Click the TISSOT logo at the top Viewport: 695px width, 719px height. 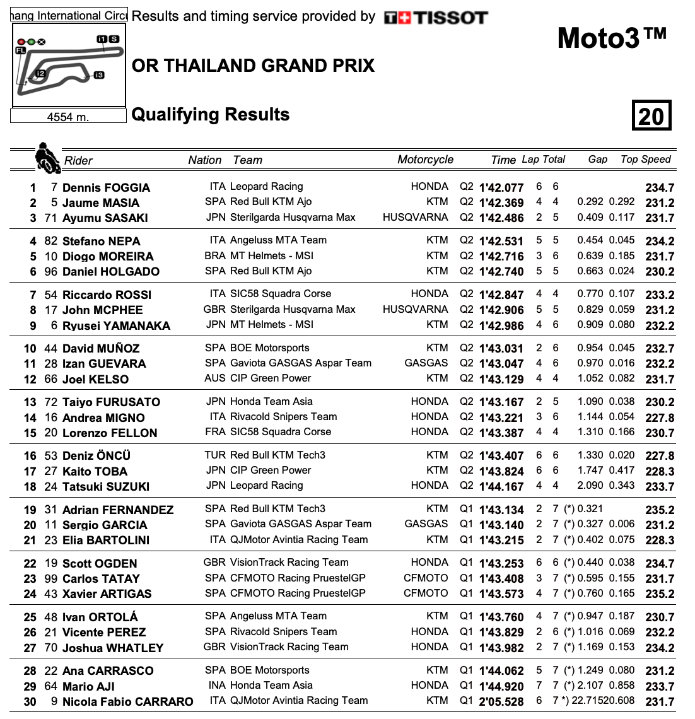click(x=436, y=18)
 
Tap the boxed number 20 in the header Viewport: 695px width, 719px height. click(x=651, y=115)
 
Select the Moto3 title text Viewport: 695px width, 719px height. click(x=611, y=39)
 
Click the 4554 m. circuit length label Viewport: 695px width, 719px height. click(x=68, y=117)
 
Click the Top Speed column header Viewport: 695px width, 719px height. click(x=645, y=160)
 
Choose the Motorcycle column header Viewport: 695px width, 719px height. click(x=425, y=160)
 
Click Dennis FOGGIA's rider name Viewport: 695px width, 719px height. click(x=106, y=187)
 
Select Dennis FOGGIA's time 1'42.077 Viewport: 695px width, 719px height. click(x=501, y=187)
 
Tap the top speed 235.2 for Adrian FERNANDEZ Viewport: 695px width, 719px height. click(x=660, y=510)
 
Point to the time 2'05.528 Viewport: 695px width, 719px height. click(x=501, y=701)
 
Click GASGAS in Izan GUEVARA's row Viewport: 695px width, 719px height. click(x=426, y=363)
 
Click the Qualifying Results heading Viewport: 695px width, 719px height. click(x=211, y=114)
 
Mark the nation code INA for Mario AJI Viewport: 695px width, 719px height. click(x=216, y=685)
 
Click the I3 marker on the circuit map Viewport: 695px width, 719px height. click(x=98, y=76)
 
